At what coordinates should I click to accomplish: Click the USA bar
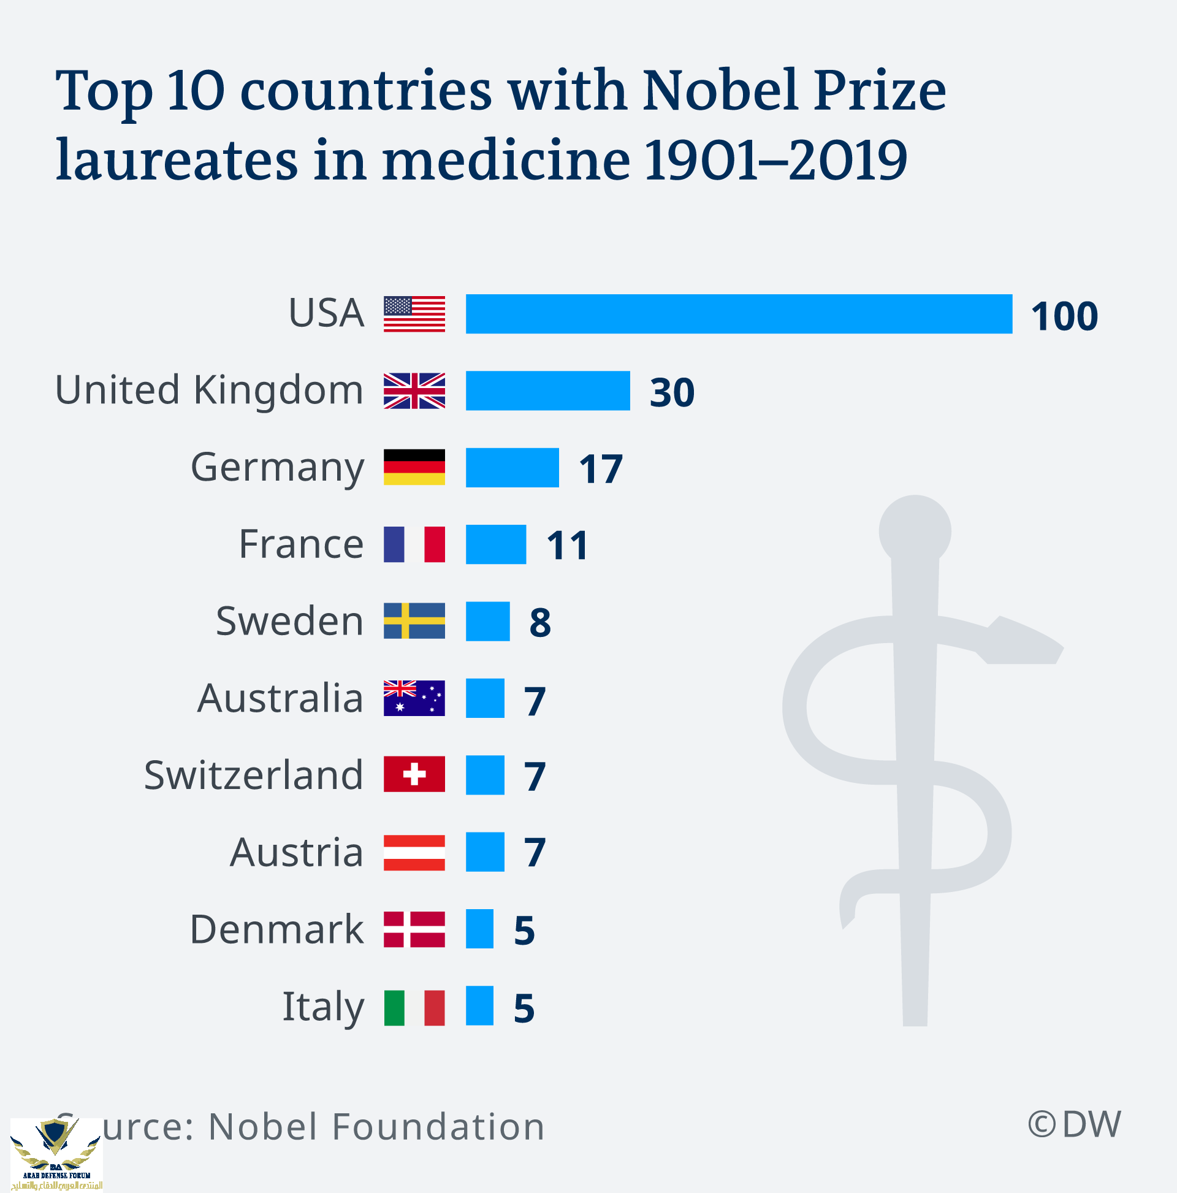pos(739,314)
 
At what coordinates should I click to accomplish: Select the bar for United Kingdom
pos(548,391)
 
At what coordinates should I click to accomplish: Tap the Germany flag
pos(414,467)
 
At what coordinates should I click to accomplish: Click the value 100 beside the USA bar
pos(1064,316)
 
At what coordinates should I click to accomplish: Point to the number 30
pos(672,393)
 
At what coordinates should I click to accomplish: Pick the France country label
pos(302,544)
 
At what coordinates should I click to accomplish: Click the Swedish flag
pos(414,620)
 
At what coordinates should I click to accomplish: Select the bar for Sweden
pos(487,621)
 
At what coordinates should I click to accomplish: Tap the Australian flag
pos(414,698)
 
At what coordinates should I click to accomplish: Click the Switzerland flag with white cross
pos(414,774)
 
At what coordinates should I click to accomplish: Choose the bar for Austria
pos(485,852)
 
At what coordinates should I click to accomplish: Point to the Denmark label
pos(276,929)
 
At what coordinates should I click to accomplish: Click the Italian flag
pos(414,1008)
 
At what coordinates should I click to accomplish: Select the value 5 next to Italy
pos(524,1009)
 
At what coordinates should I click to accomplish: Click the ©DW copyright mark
pos(1074,1124)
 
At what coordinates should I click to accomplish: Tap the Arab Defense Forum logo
pos(56,1154)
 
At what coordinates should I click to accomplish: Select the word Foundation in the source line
pos(438,1126)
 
